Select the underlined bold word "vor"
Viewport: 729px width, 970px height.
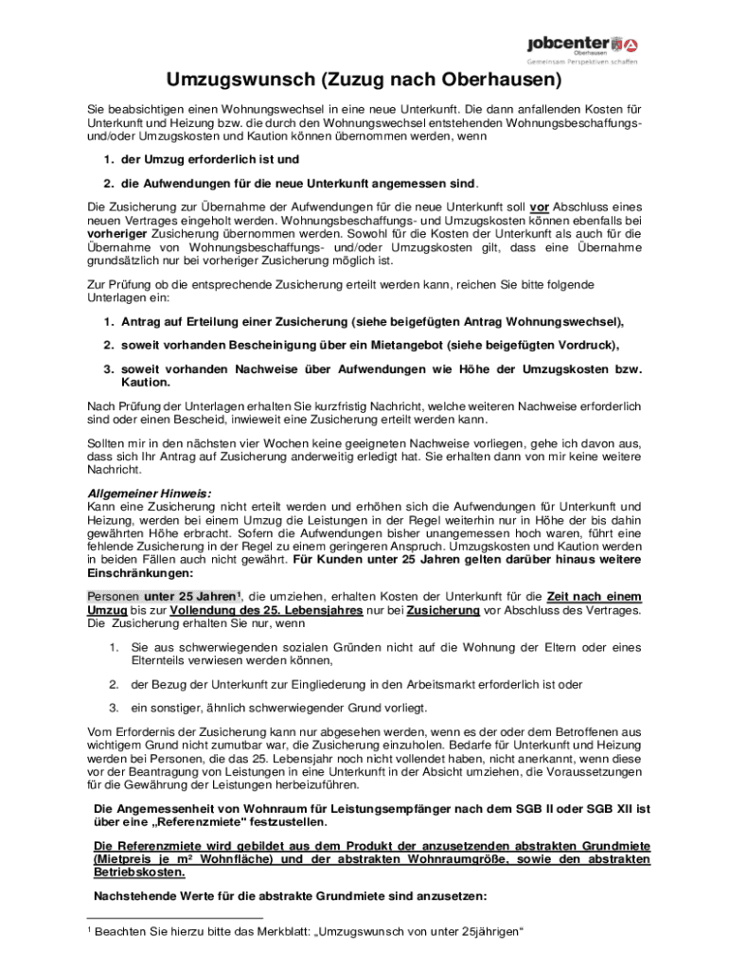coord(540,207)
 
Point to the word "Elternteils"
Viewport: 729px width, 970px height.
coord(162,660)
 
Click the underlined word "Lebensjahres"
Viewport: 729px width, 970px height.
coord(326,611)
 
